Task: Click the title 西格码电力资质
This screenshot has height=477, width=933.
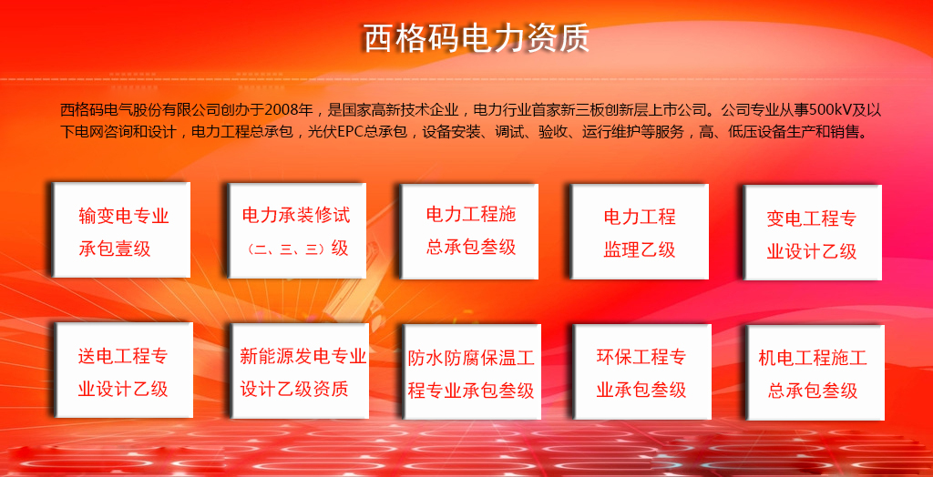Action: tap(476, 38)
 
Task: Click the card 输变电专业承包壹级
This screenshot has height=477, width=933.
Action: tap(122, 229)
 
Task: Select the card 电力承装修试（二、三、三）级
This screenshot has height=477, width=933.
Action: tap(296, 230)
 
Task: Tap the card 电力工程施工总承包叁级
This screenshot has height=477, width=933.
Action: tap(470, 231)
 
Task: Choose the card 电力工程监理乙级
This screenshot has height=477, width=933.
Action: tap(640, 231)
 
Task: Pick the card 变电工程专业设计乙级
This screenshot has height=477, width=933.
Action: tap(812, 232)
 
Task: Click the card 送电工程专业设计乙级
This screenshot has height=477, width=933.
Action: tap(124, 370)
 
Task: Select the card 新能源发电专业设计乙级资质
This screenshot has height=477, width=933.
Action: tap(300, 370)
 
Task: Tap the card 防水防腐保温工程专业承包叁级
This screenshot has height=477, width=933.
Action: tap(472, 371)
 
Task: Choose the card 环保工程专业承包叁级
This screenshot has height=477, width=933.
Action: tap(642, 371)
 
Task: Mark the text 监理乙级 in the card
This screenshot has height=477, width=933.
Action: tap(640, 249)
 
